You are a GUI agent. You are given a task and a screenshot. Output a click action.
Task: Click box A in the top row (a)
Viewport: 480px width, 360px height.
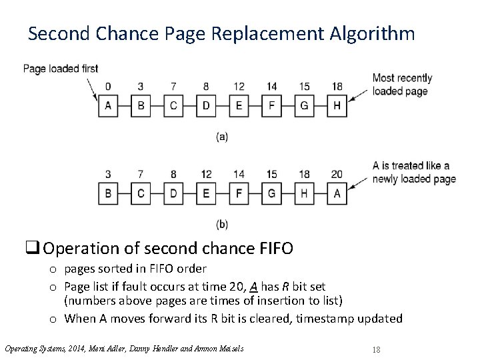click(108, 106)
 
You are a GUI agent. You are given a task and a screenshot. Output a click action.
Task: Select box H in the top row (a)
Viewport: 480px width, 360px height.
click(337, 106)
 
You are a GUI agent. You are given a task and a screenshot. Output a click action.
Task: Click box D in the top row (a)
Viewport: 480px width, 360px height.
click(206, 106)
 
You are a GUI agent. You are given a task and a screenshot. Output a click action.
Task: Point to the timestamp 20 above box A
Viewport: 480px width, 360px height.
click(337, 175)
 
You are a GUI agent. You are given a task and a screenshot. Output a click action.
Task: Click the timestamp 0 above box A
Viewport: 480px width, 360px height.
click(108, 87)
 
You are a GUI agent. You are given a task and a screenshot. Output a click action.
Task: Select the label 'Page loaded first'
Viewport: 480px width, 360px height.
click(61, 68)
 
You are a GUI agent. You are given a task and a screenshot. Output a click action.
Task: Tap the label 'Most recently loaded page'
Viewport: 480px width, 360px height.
click(402, 85)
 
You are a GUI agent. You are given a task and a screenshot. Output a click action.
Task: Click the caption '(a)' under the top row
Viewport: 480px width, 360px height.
click(222, 137)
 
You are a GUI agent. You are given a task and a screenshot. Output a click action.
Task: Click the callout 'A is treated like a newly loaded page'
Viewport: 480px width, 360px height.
click(413, 172)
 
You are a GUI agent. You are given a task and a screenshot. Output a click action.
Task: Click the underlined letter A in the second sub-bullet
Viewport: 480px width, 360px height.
click(254, 286)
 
